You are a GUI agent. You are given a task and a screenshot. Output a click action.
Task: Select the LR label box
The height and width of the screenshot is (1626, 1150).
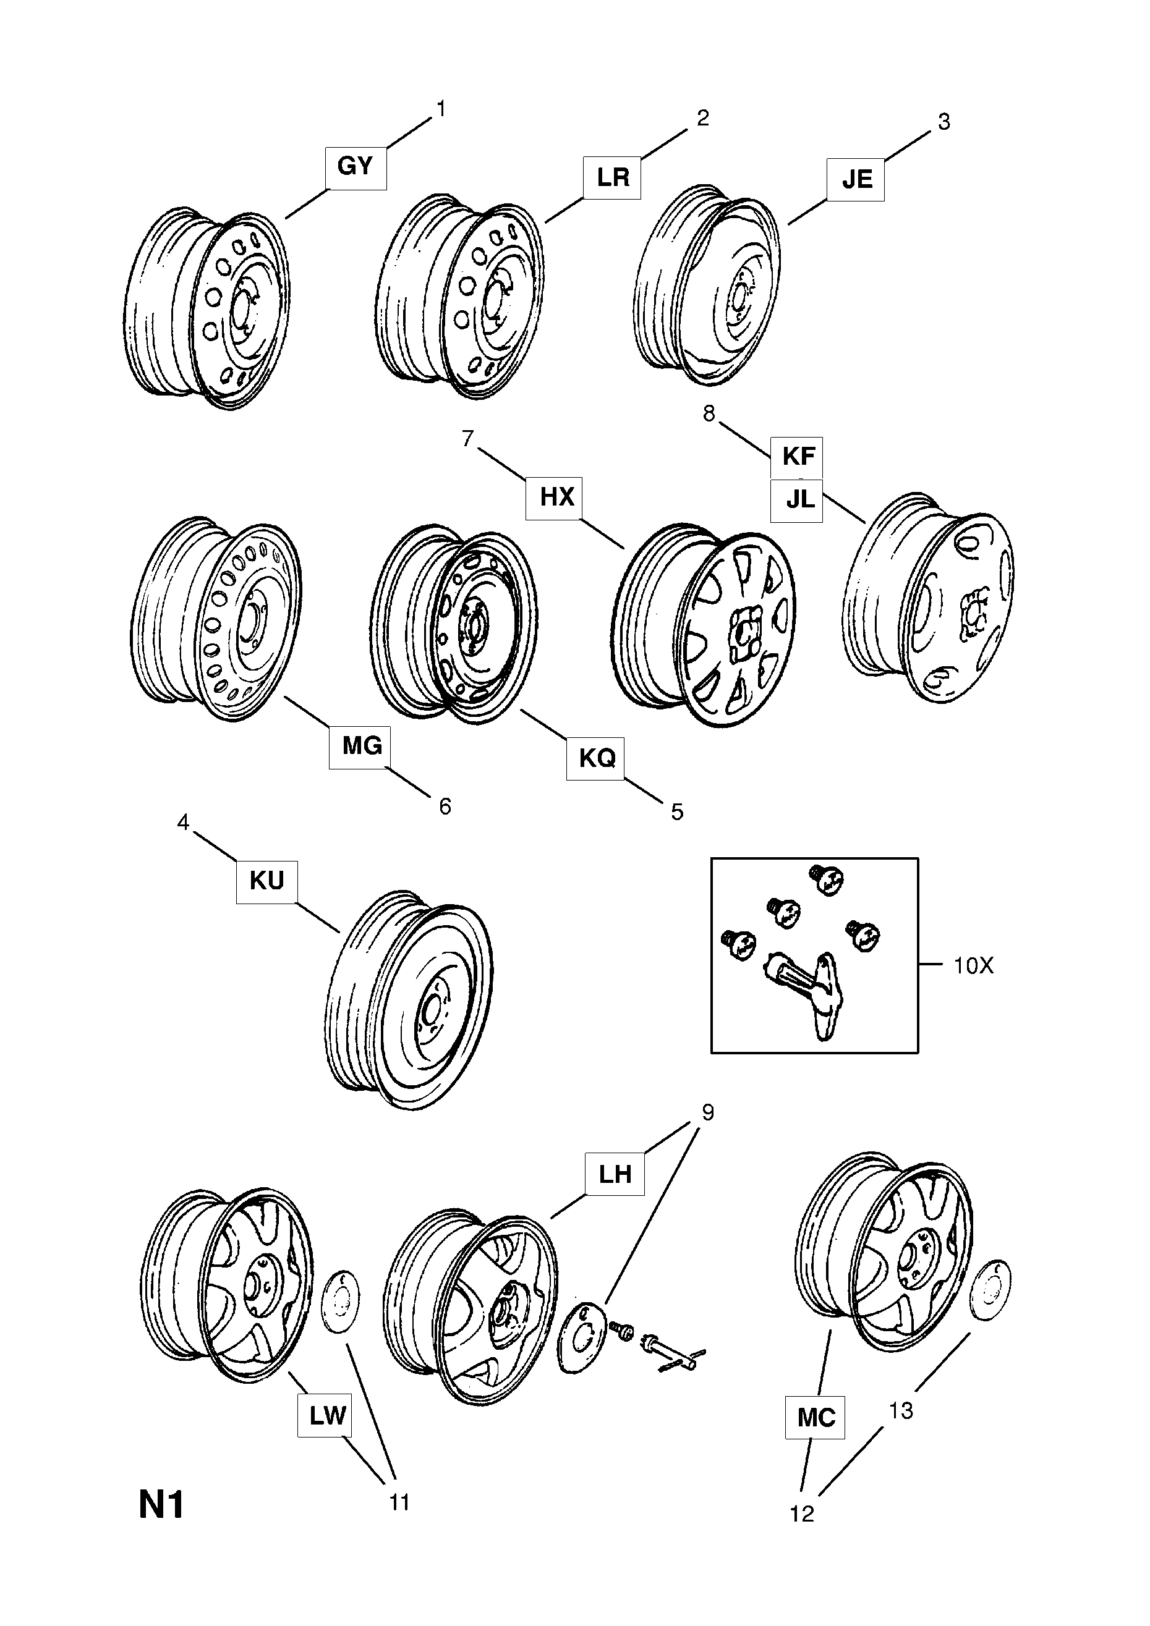click(612, 178)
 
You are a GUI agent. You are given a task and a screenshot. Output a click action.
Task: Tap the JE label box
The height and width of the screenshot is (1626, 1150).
click(856, 180)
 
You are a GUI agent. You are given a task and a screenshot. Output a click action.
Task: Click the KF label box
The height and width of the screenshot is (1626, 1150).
click(797, 457)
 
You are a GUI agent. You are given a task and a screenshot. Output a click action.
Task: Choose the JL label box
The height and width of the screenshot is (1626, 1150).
click(797, 501)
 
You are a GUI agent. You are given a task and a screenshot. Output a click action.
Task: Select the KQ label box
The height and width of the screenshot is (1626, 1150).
click(595, 758)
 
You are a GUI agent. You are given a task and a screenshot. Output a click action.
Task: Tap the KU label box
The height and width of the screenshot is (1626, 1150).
click(266, 882)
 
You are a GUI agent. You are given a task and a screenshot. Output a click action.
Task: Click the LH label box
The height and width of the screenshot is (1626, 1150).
click(615, 1174)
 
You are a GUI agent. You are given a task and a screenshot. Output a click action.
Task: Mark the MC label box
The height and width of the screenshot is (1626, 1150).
click(816, 1417)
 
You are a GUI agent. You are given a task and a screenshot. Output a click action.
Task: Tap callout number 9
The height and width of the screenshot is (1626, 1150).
click(707, 1112)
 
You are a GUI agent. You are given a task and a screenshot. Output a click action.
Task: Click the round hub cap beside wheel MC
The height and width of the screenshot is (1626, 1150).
click(990, 1290)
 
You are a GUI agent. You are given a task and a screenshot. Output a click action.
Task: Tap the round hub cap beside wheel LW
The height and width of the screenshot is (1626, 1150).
click(341, 1300)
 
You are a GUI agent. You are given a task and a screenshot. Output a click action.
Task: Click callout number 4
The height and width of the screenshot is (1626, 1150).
click(184, 822)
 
